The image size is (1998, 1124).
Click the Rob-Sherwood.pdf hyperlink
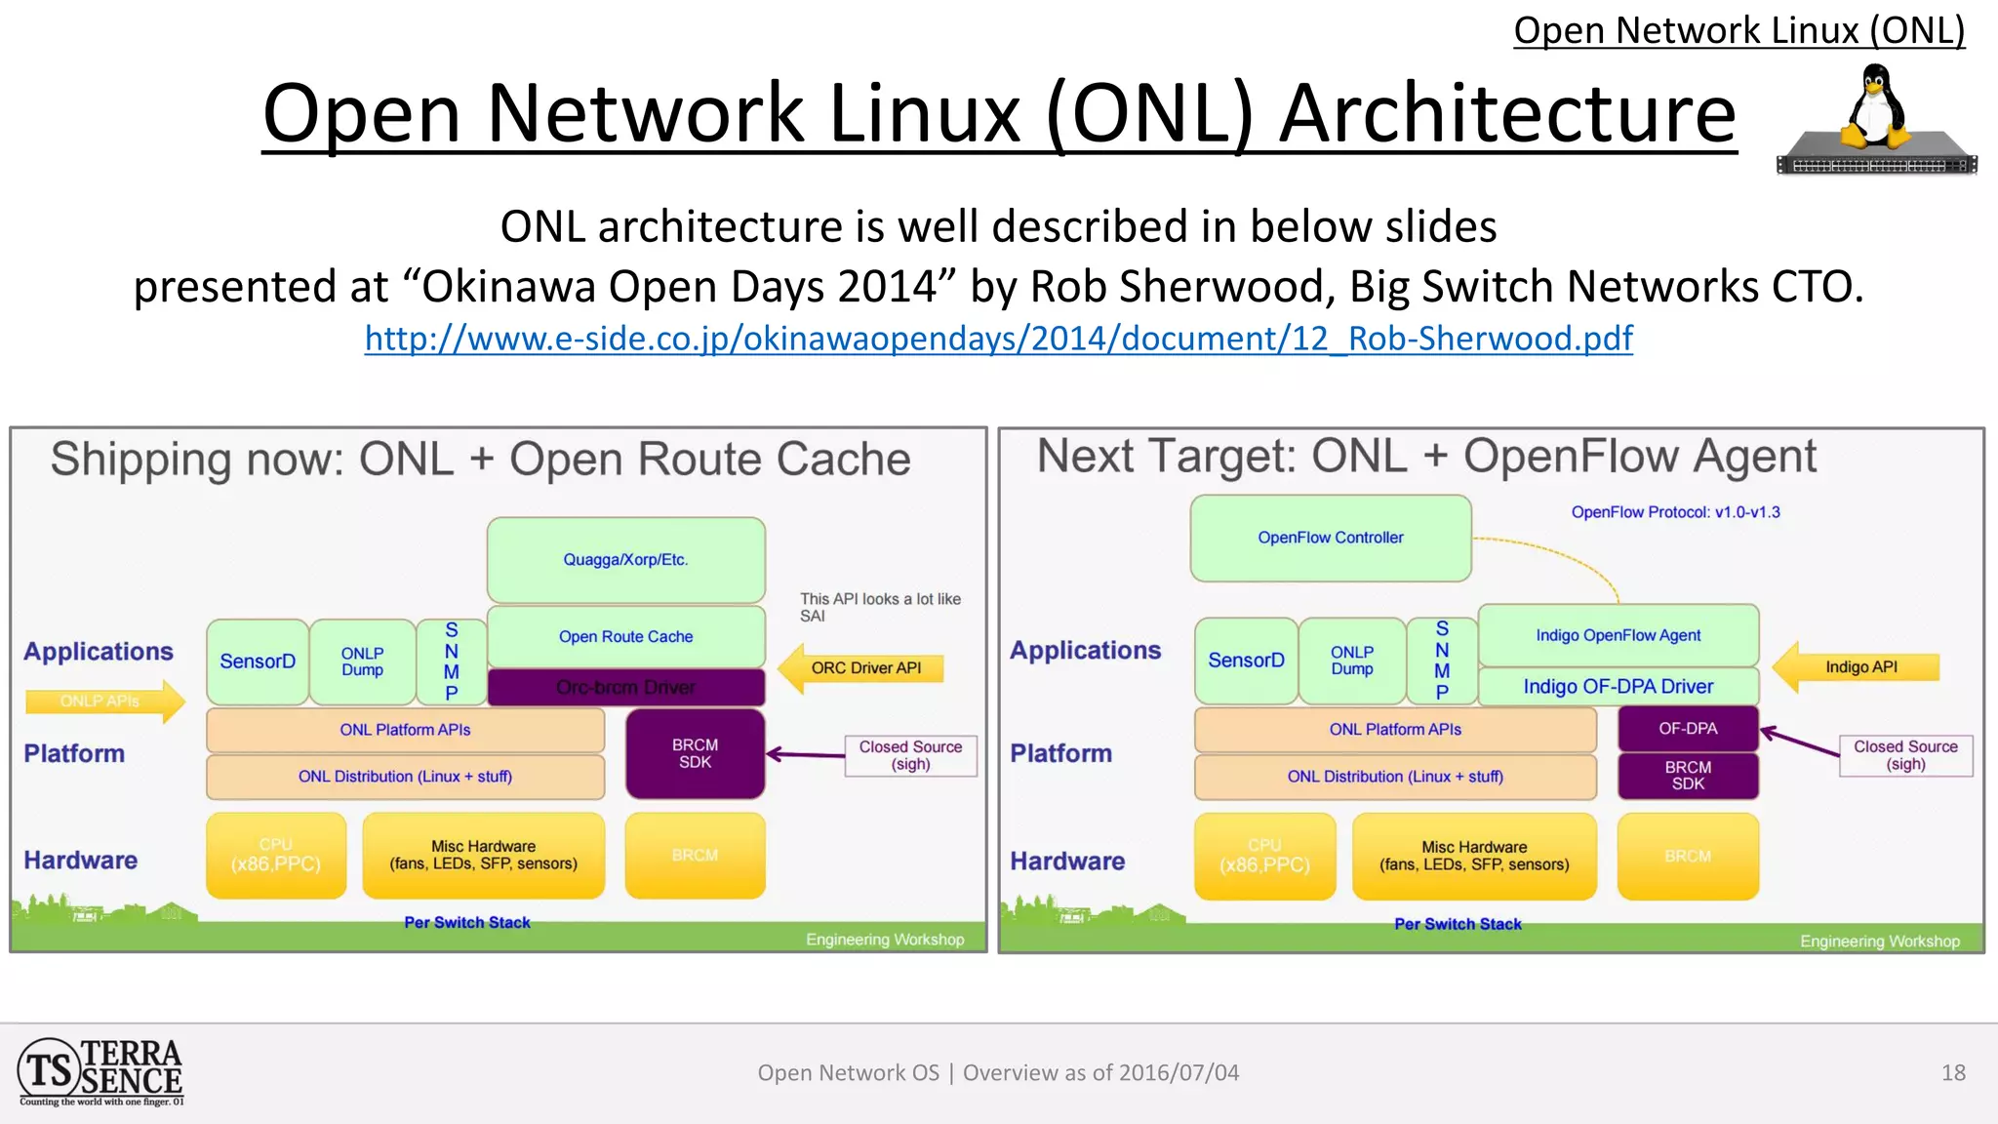(x=998, y=339)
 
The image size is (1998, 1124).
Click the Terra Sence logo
(x=100, y=1072)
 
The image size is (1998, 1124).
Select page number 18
(x=1953, y=1073)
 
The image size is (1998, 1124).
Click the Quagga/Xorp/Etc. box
(x=625, y=559)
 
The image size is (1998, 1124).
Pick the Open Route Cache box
(x=625, y=636)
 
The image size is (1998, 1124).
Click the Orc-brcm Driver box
(x=625, y=687)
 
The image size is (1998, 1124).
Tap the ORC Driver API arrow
(x=862, y=668)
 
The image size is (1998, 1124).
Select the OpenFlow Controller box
(x=1330, y=538)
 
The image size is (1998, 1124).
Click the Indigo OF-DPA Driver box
(x=1618, y=686)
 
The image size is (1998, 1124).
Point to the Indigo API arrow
(x=1857, y=667)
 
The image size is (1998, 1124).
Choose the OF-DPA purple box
(x=1688, y=729)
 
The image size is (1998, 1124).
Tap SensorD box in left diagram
(x=258, y=662)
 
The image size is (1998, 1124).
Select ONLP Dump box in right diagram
(x=1351, y=661)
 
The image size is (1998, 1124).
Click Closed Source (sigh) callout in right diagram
(x=1904, y=755)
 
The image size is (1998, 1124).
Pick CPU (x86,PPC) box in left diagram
(x=276, y=855)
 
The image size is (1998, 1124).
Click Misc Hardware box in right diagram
(x=1473, y=856)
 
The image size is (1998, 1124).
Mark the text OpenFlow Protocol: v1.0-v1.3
(x=1675, y=512)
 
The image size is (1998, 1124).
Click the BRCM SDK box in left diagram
(x=695, y=753)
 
